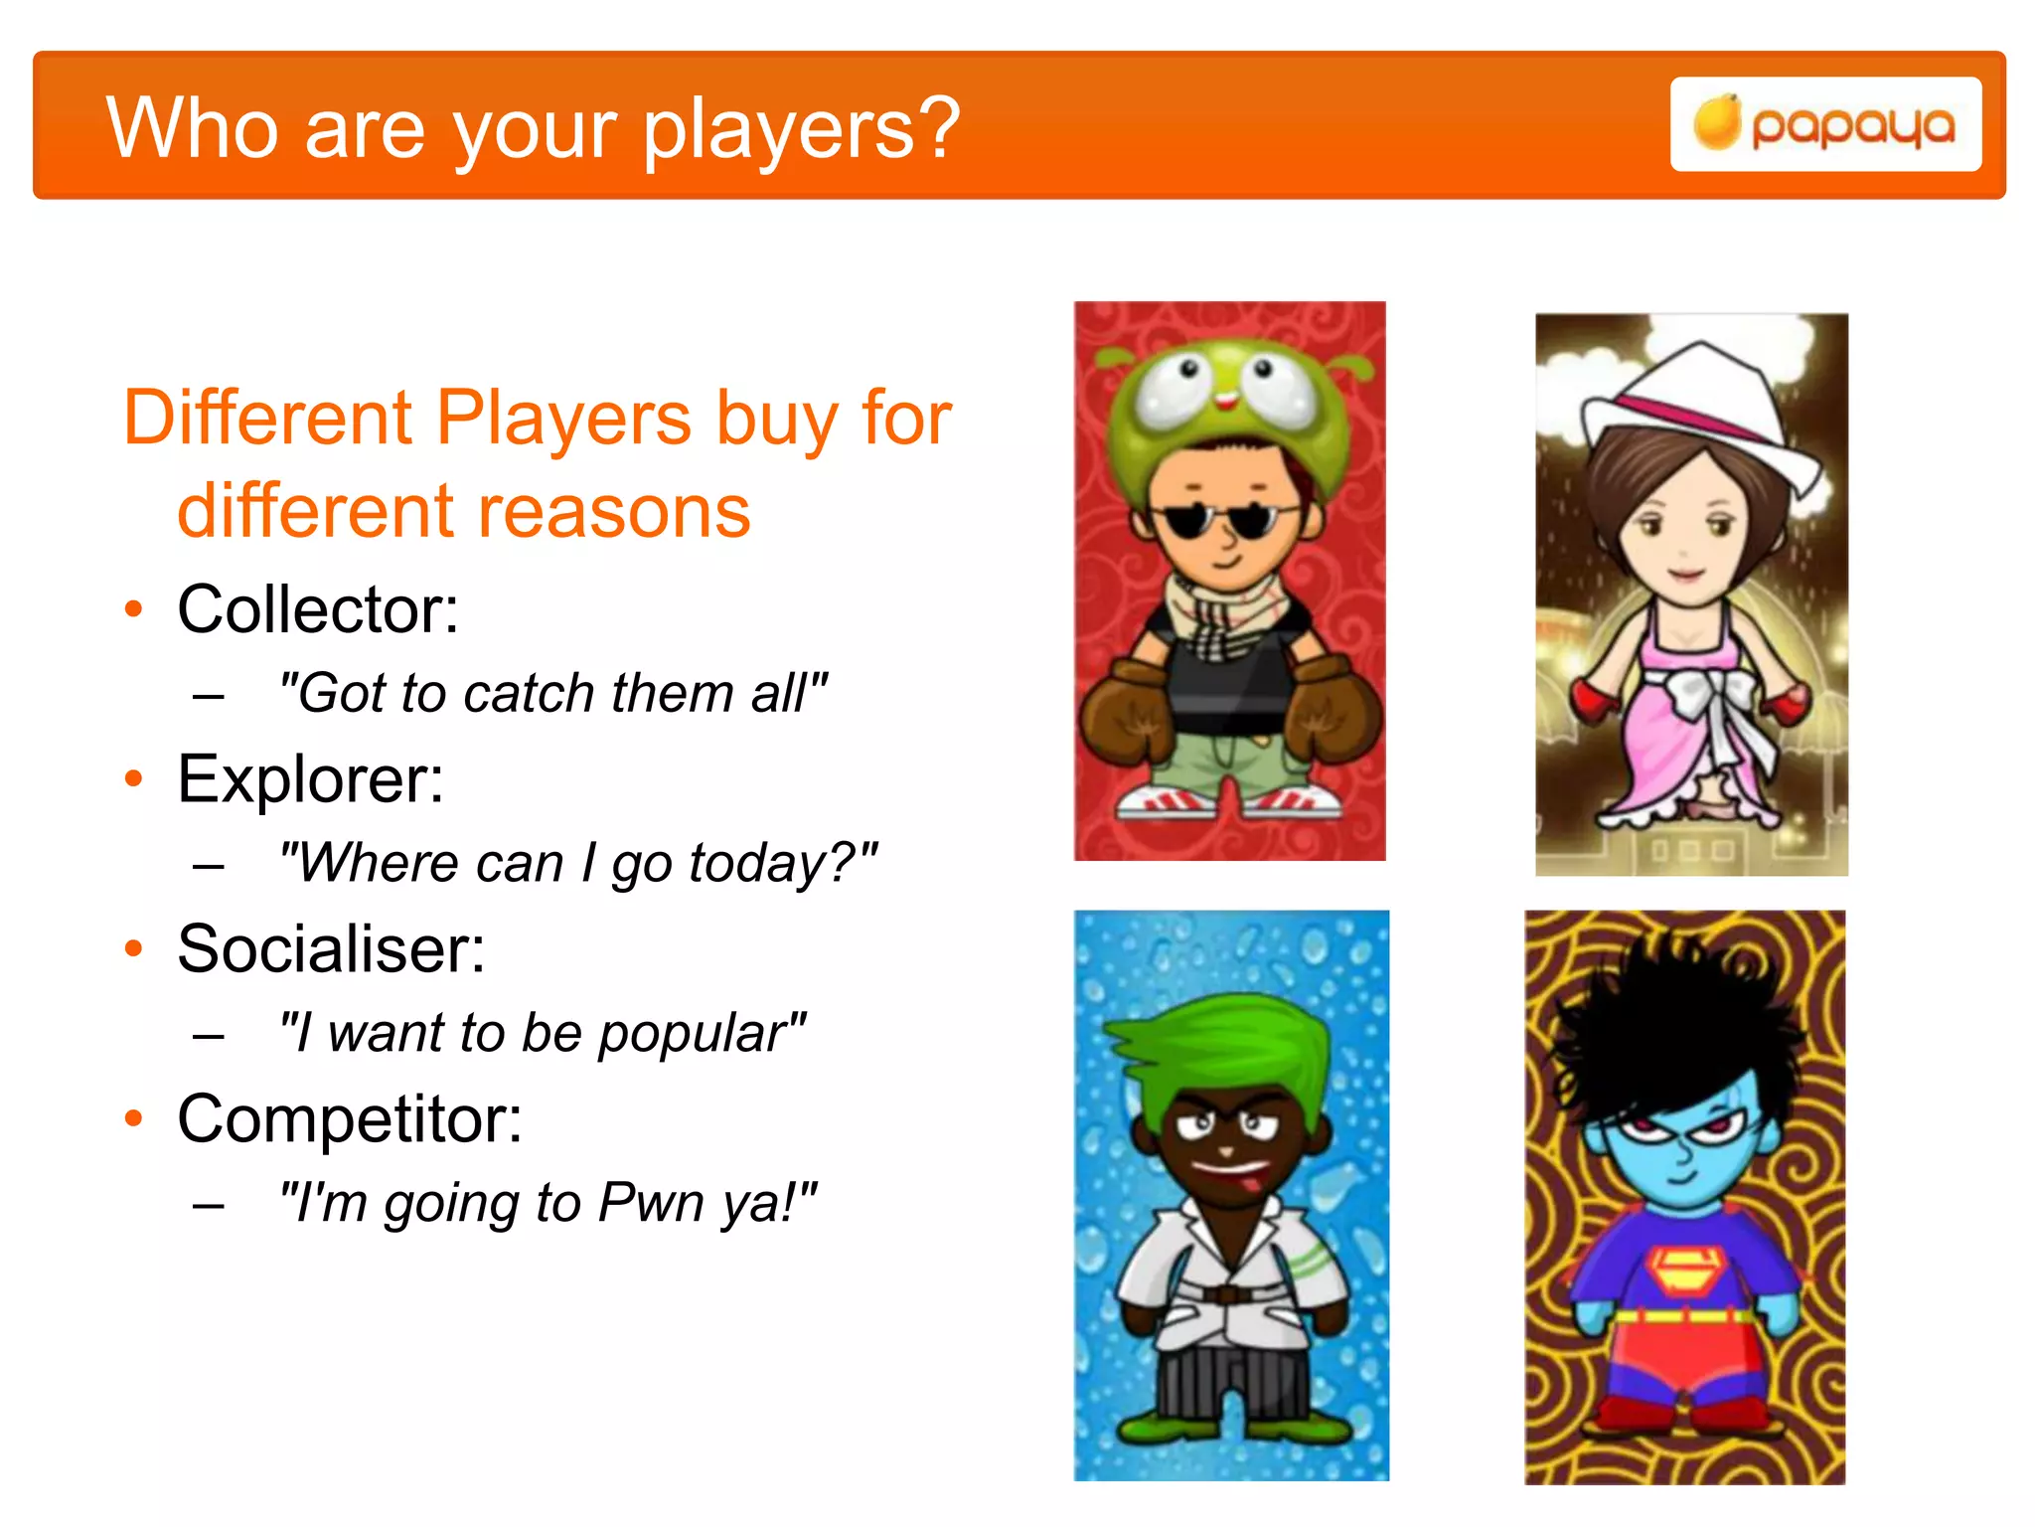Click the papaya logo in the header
[1824, 125]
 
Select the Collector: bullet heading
[318, 608]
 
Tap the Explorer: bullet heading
[310, 778]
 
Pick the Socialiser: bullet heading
[331, 948]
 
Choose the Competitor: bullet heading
[350, 1119]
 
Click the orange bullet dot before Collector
[134, 608]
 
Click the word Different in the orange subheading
[268, 418]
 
